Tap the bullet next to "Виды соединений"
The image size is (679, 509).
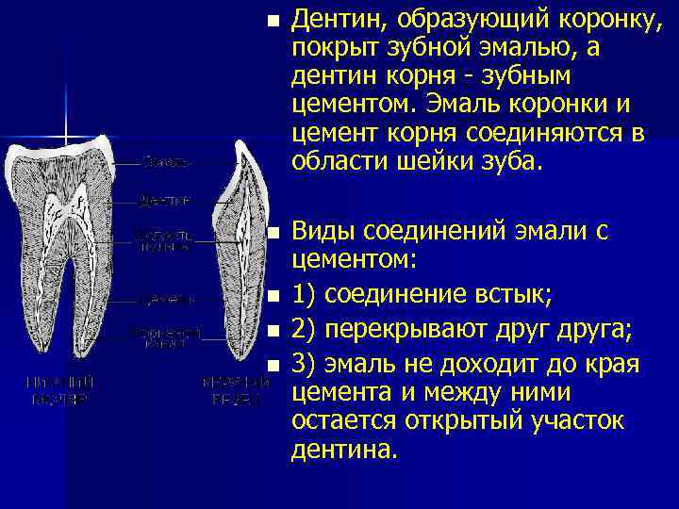point(273,231)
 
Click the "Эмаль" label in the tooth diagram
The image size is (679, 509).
point(166,162)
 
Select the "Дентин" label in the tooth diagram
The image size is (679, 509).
point(166,200)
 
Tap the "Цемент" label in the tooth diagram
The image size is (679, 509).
point(166,299)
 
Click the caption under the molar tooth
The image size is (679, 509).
point(59,390)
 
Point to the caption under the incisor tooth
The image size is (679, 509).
point(231,390)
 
